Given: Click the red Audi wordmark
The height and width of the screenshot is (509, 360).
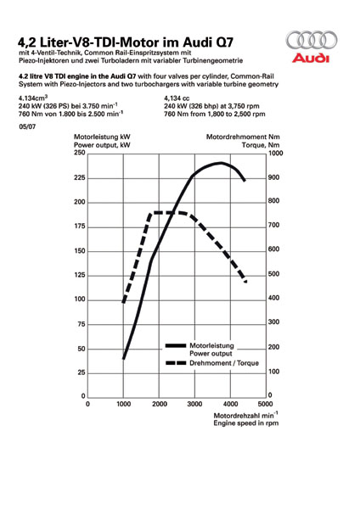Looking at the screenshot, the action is click(x=310, y=58).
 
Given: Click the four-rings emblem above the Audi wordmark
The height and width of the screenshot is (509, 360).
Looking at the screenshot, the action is click(x=312, y=40).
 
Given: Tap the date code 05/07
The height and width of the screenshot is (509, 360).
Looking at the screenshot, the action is click(x=27, y=127).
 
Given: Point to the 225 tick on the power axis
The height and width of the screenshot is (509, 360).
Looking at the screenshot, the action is click(x=80, y=177).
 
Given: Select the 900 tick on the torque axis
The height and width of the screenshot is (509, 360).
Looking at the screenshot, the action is click(x=274, y=177).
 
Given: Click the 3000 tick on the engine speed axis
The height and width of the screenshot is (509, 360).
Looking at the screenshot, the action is click(x=194, y=404).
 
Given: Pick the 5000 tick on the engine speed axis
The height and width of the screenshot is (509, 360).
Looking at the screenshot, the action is click(x=266, y=404).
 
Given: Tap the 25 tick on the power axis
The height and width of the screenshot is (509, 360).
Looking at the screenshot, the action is click(x=82, y=372).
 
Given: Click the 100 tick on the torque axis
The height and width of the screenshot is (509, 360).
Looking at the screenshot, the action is click(x=274, y=372).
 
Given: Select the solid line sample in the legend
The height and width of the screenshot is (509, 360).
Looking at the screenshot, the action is click(x=176, y=346).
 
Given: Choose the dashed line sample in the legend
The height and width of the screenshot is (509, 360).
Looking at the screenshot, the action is click(x=176, y=363).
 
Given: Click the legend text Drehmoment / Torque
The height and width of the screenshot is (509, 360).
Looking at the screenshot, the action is click(x=224, y=363).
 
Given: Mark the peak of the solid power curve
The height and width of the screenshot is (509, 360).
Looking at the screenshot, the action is click(x=222, y=163).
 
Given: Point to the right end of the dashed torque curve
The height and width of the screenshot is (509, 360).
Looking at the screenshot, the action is click(x=245, y=282).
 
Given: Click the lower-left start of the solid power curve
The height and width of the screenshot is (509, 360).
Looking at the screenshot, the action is click(x=123, y=359).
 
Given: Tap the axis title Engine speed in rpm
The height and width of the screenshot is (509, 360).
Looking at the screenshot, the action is click(x=246, y=423).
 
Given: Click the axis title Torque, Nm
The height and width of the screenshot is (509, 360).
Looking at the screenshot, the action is click(x=261, y=145).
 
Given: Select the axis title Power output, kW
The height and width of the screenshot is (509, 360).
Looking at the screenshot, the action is click(x=102, y=145).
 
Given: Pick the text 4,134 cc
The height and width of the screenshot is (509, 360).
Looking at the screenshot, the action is click(x=177, y=98).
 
